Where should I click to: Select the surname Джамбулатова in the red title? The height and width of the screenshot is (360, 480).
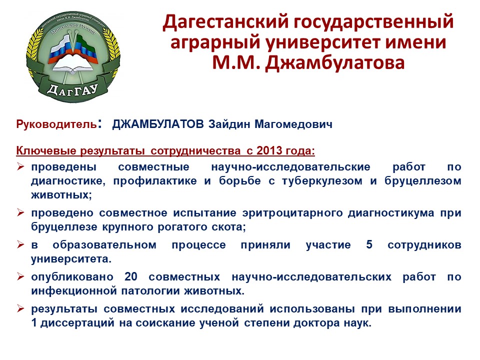click(x=335, y=62)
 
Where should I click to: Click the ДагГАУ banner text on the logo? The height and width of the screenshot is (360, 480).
click(x=72, y=89)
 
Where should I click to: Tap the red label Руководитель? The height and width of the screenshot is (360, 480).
click(x=56, y=124)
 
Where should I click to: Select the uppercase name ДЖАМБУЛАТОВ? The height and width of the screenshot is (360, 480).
click(x=158, y=124)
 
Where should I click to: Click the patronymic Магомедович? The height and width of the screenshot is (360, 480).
click(x=293, y=124)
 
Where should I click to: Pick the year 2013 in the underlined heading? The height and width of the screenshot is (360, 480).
click(x=269, y=150)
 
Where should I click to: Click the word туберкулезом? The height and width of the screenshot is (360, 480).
click(x=321, y=181)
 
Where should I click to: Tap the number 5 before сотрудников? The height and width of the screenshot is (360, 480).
click(x=369, y=244)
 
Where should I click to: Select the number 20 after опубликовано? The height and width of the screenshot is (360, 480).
click(x=130, y=276)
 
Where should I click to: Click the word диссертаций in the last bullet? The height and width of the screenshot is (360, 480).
click(x=77, y=323)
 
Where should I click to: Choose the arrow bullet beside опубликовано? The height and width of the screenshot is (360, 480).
click(x=20, y=276)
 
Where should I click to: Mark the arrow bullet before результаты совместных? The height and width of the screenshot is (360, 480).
click(x=20, y=308)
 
